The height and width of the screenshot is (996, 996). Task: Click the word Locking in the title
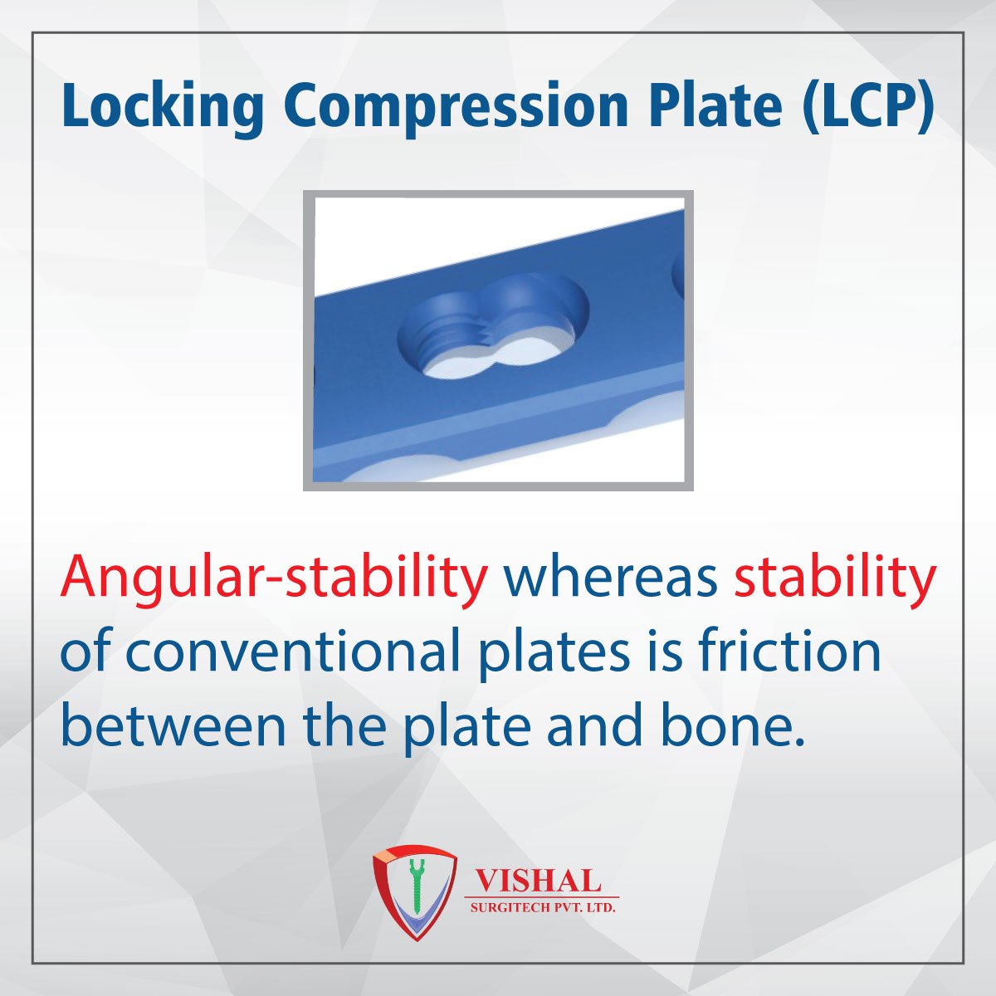[x=163, y=108]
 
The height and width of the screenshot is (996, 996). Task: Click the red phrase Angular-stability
[x=274, y=578]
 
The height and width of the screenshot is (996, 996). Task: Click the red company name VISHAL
[x=535, y=880]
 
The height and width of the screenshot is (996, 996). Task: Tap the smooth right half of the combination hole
[x=539, y=328]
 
